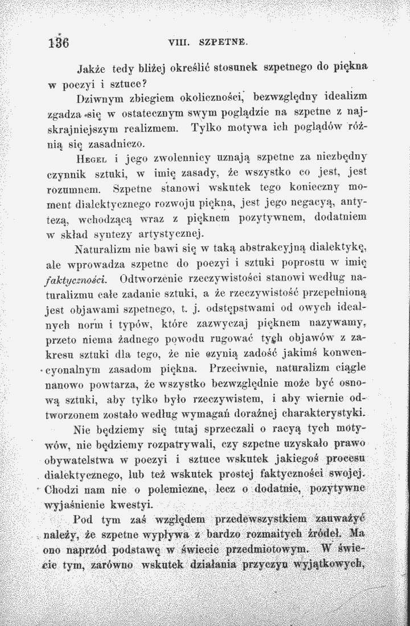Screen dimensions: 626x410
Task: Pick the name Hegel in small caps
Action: pos(93,155)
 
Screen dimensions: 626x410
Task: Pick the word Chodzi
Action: pos(64,489)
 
